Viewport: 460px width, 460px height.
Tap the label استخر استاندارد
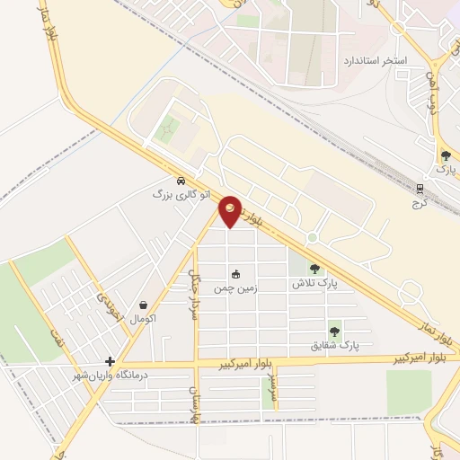coord(375,60)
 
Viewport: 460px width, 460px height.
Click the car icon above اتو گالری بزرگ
coord(181,180)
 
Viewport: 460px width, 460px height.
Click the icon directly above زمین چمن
coord(235,275)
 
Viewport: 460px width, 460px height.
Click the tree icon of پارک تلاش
coord(314,268)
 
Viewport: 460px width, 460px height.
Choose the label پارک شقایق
coord(334,345)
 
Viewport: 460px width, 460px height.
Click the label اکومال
coord(144,319)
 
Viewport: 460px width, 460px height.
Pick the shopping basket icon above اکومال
coord(144,305)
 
